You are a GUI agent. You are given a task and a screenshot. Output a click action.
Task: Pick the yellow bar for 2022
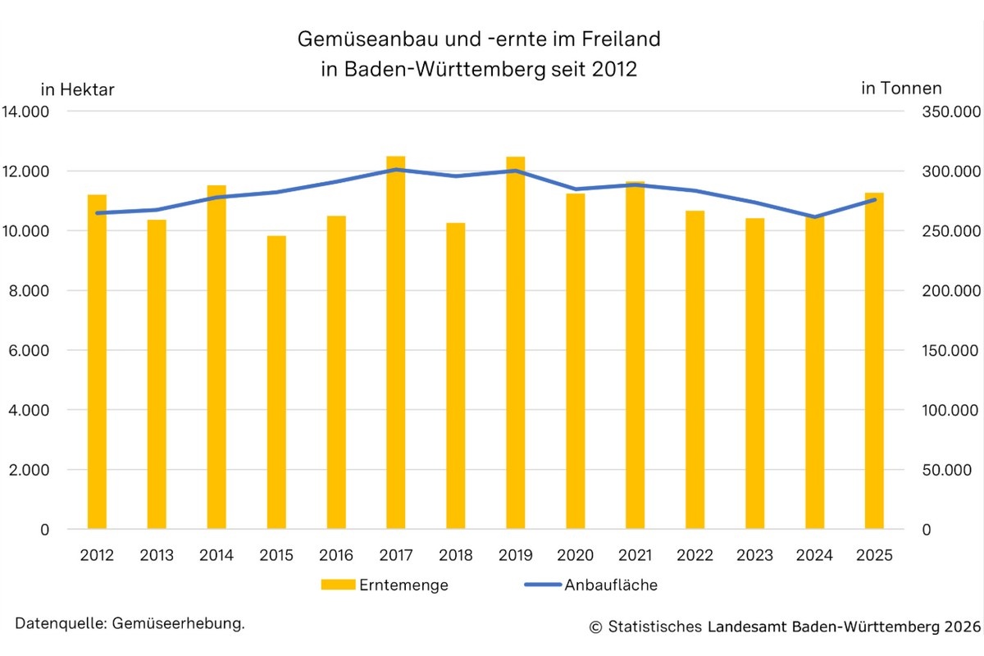pos(695,370)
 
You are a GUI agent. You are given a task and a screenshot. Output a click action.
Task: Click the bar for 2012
pos(97,362)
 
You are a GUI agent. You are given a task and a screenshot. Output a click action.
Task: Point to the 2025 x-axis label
pos(874,556)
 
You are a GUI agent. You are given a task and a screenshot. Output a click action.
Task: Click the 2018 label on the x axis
pos(456,556)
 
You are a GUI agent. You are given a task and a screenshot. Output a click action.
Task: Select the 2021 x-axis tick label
pos(635,556)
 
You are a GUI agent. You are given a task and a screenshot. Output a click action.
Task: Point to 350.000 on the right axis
pos(943,112)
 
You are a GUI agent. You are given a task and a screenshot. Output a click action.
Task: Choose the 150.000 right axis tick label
pos(943,351)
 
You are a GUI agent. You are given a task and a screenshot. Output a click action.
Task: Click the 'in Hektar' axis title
pos(77,89)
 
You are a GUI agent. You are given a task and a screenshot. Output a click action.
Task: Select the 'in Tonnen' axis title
pos(901,89)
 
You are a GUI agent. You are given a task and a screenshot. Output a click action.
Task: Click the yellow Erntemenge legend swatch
pos(336,585)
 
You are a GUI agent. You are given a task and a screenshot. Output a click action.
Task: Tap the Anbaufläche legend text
pos(610,585)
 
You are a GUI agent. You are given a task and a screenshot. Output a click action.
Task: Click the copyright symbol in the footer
pos(595,627)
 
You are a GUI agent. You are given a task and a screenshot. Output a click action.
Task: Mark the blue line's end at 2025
pos(874,199)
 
